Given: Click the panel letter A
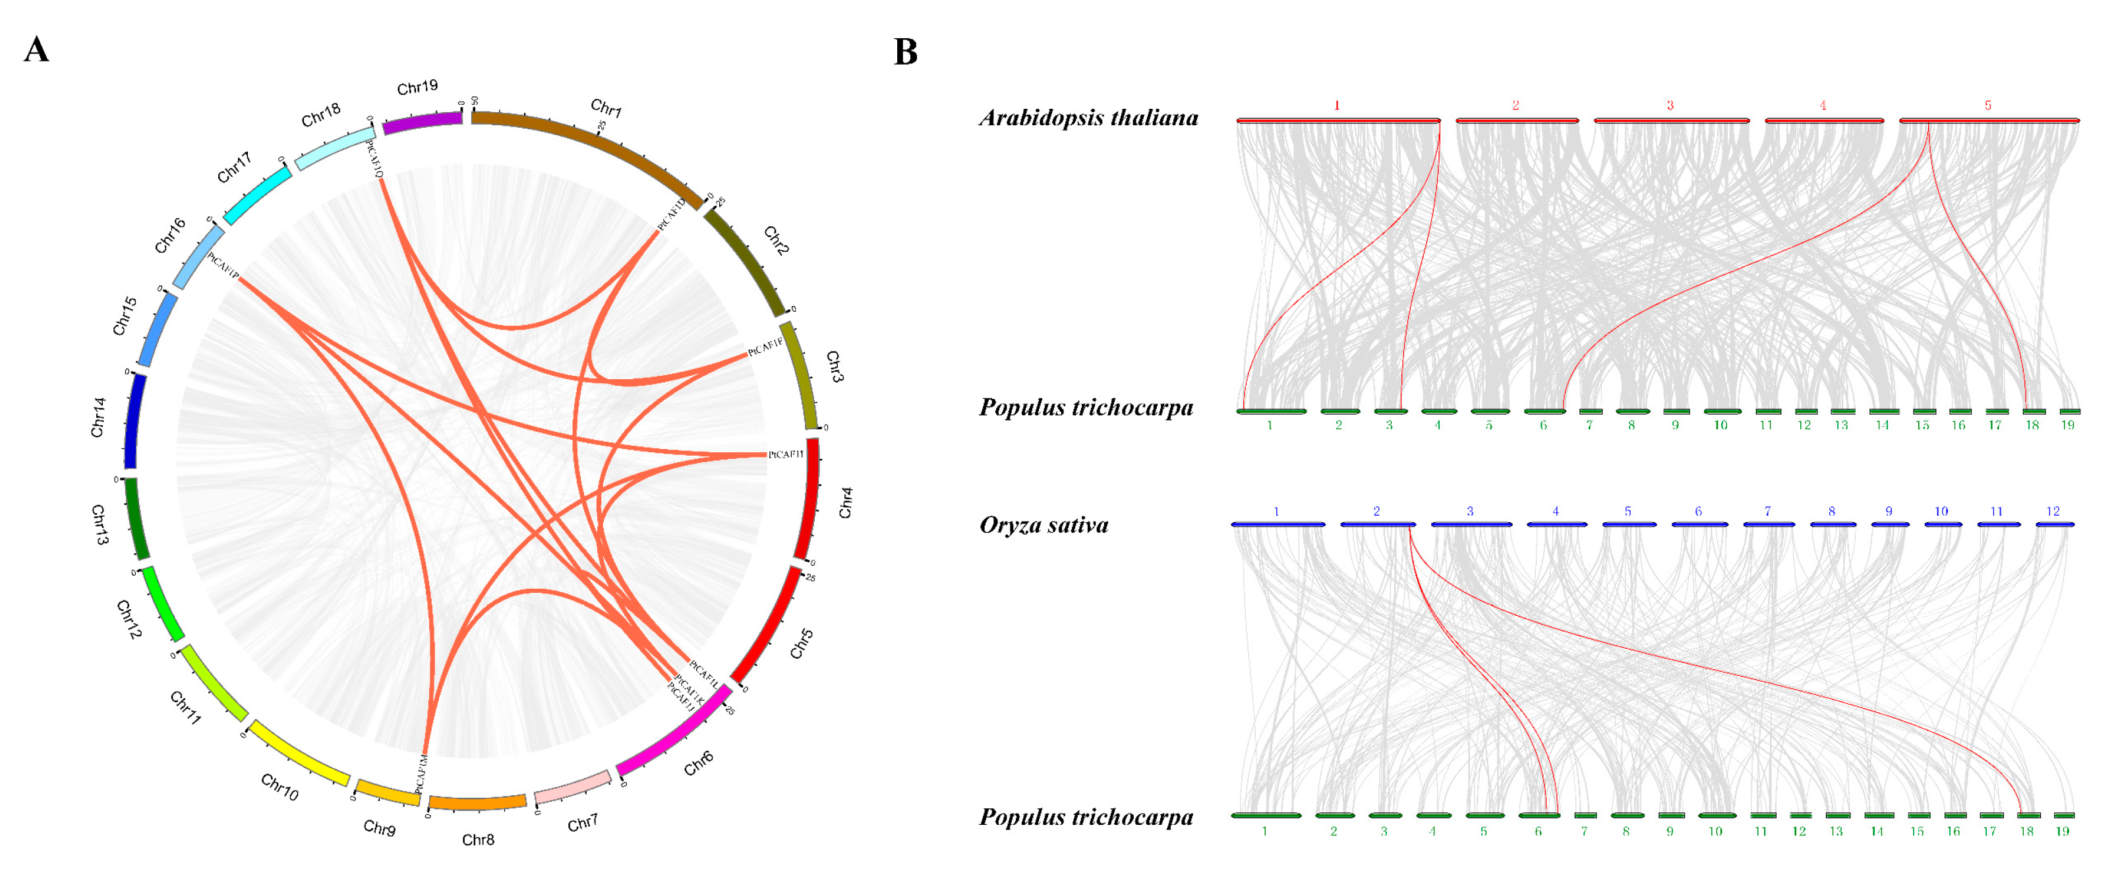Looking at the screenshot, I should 36,50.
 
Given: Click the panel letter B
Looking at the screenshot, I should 905,52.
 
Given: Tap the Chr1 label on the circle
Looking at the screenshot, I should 606,107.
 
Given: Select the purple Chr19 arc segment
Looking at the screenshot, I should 422,122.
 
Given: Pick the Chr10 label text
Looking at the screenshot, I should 279,787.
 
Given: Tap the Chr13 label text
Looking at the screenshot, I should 100,525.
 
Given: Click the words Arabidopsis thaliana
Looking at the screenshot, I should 1088,117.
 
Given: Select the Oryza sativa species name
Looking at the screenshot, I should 1044,525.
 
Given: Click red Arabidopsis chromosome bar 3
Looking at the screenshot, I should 1670,121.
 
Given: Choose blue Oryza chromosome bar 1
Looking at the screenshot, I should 1278,524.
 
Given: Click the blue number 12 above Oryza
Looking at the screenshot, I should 2053,512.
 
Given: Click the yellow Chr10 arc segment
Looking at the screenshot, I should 299,752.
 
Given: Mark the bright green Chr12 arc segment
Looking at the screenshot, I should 163,604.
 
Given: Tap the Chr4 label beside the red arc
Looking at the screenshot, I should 845,502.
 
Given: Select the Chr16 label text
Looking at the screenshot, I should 170,236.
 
